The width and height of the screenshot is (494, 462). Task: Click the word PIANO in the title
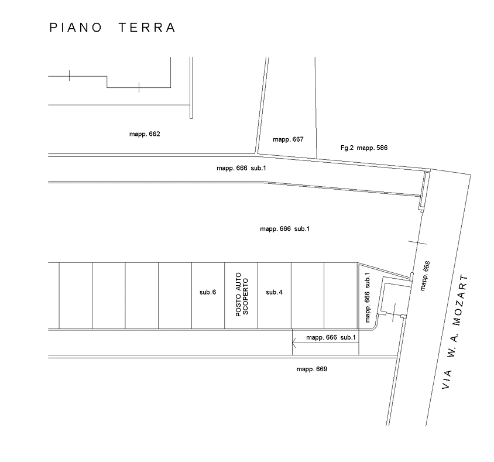coord(76,28)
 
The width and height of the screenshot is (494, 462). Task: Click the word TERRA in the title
coord(146,28)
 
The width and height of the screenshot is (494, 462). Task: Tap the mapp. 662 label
coord(145,134)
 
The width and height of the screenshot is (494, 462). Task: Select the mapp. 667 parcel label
coord(288,139)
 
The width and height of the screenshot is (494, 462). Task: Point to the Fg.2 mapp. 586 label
coord(363,148)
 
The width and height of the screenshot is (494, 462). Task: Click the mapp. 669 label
coord(311,369)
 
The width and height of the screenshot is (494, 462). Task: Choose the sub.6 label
coord(208,292)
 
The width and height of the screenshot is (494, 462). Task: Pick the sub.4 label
coord(274,292)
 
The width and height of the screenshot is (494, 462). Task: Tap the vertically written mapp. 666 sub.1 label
coord(368,298)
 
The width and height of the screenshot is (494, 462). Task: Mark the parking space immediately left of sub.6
coord(175,296)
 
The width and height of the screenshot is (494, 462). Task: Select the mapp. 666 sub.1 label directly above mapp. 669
coord(331,337)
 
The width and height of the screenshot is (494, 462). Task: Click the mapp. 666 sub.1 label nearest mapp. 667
coord(241,168)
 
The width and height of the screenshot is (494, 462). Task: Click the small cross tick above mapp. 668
coord(417,242)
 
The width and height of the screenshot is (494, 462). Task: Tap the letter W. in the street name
coord(454,354)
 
